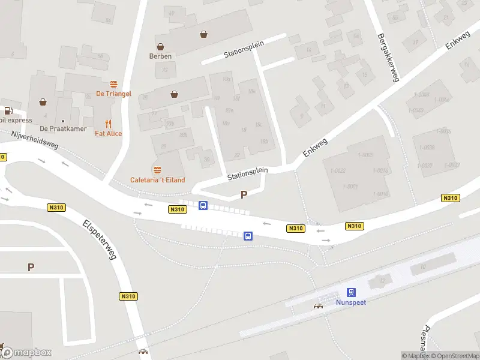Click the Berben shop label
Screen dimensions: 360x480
[160, 56]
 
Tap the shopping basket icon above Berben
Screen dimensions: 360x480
[160, 46]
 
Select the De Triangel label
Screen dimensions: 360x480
[113, 94]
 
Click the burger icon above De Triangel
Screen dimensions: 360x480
[113, 84]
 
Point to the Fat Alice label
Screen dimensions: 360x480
[108, 133]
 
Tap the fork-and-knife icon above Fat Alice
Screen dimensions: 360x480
[108, 122]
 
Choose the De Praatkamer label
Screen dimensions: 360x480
[63, 129]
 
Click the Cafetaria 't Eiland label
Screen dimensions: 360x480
[158, 180]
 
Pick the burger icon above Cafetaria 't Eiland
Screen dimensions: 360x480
[158, 170]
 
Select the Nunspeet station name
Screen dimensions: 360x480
[351, 302]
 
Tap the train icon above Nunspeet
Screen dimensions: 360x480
[351, 292]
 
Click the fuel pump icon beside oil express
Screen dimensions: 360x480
[8, 110]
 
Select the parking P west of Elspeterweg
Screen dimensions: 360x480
[31, 267]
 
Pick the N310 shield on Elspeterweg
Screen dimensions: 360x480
[128, 296]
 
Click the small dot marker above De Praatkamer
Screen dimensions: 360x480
[63, 120]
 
